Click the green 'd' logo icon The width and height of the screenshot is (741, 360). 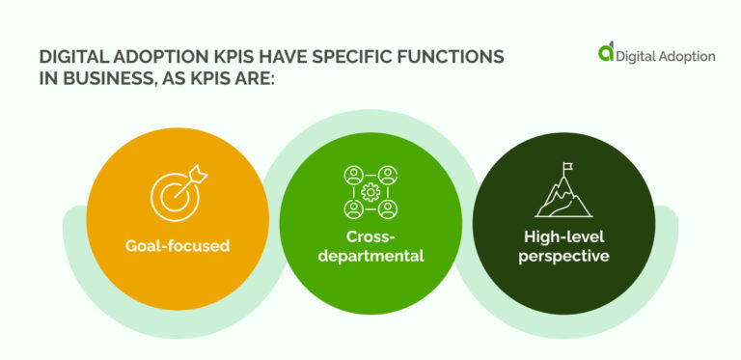pos(605,54)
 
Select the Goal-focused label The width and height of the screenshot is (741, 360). pos(178,245)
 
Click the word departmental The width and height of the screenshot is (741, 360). pos(370,256)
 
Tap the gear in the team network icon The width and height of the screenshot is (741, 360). pos(370,192)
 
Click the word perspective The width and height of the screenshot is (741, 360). pos(563,256)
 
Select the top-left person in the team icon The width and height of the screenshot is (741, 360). pos(352,175)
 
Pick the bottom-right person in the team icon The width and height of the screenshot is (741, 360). pos(388,208)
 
